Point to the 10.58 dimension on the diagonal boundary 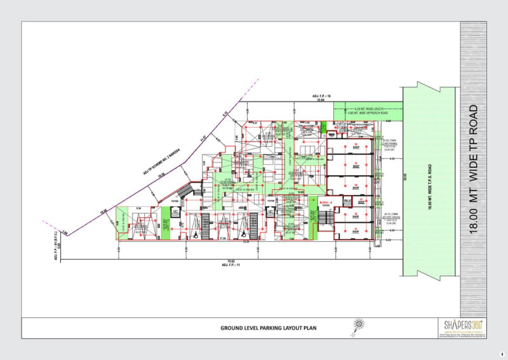[161, 175]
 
